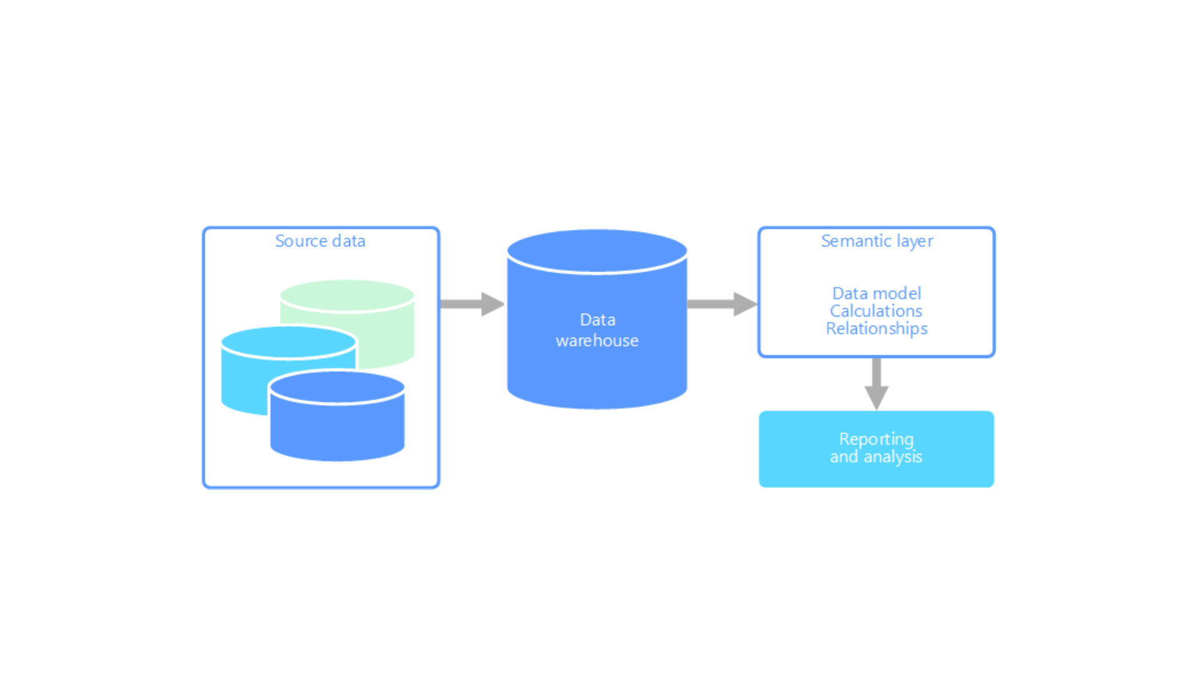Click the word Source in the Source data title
coord(301,242)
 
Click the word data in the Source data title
coord(349,242)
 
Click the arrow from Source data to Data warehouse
coord(471,304)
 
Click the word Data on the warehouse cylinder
coord(598,320)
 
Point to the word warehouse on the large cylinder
coord(597,341)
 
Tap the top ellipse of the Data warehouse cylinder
coord(597,251)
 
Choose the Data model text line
coord(877,293)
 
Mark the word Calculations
coord(876,311)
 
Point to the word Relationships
coord(877,329)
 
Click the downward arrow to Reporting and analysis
coord(877,383)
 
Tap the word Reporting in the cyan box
coord(876,440)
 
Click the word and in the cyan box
coord(844,457)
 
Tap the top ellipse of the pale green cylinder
coord(348,295)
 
